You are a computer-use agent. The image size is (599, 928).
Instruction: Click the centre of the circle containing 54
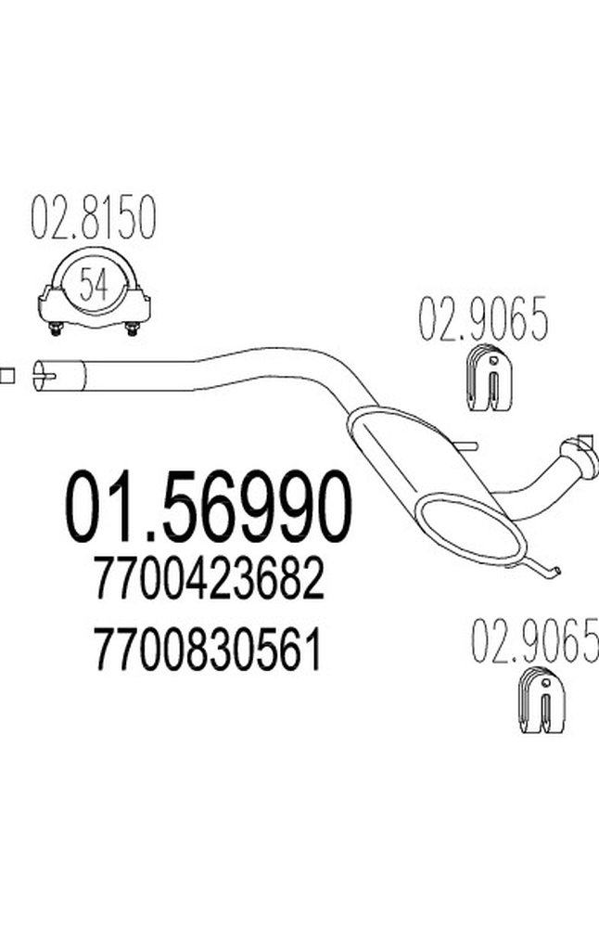pyautogui.click(x=95, y=284)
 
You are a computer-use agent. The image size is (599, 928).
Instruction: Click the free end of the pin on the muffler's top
pyautogui.click(x=476, y=446)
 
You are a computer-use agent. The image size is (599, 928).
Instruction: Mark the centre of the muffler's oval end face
pyautogui.click(x=471, y=527)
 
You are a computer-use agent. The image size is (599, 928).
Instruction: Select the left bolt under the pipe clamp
pyautogui.click(x=56, y=329)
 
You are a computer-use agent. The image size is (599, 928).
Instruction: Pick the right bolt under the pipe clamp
pyautogui.click(x=133, y=329)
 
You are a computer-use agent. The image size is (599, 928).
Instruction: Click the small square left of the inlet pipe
pyautogui.click(x=6, y=375)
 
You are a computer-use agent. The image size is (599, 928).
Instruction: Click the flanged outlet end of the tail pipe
pyautogui.click(x=582, y=458)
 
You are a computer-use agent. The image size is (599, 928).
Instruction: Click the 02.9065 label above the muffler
pyautogui.click(x=484, y=319)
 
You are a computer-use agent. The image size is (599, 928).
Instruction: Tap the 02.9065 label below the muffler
pyautogui.click(x=534, y=639)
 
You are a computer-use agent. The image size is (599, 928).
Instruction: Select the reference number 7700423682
pyautogui.click(x=210, y=578)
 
